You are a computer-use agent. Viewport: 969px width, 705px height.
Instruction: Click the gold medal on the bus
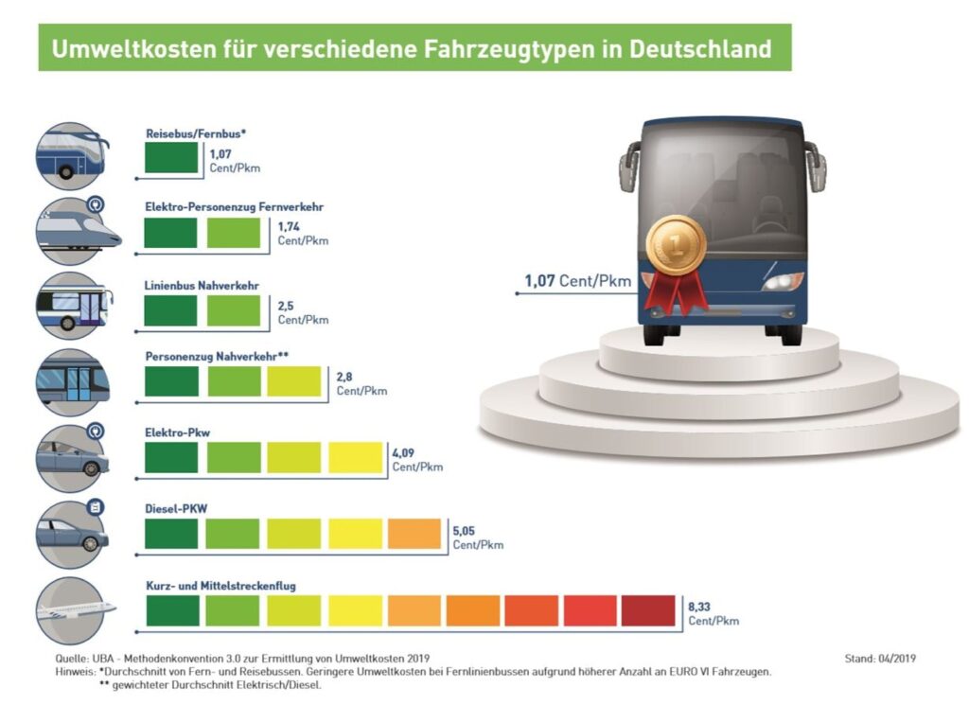point(676,244)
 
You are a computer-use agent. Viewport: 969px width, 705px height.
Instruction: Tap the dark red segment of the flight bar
point(648,610)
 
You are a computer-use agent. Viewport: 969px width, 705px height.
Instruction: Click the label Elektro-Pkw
point(176,432)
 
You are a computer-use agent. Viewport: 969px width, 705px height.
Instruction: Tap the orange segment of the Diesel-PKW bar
point(414,534)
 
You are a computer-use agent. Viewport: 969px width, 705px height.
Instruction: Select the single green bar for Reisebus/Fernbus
point(171,157)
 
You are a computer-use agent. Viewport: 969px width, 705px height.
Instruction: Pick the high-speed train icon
point(74,229)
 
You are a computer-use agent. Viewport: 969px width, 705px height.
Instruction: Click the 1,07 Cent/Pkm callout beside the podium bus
point(577,281)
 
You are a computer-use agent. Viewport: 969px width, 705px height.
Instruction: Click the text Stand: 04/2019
point(880,658)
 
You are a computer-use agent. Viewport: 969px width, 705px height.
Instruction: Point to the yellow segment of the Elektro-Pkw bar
point(355,457)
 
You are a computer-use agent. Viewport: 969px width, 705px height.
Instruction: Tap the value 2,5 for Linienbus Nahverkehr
point(286,306)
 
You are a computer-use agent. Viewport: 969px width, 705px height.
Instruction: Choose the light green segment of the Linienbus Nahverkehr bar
point(233,309)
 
